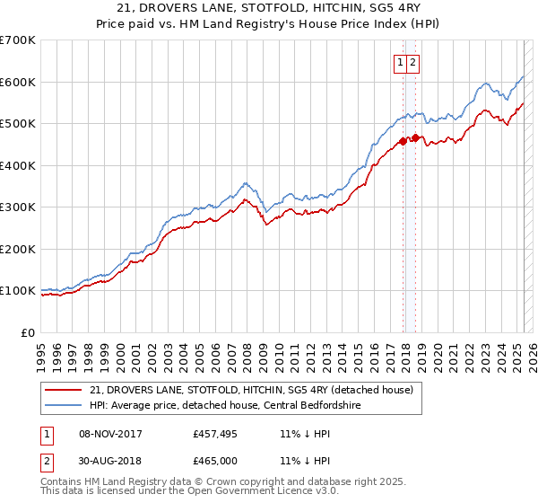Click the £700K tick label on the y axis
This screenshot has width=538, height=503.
[18, 40]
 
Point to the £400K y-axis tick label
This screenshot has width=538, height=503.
[18, 165]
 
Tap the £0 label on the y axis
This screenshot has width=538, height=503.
[29, 332]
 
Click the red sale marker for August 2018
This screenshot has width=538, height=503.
[416, 137]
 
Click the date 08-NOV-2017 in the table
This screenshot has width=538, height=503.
[111, 435]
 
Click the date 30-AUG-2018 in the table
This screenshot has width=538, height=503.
[111, 461]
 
